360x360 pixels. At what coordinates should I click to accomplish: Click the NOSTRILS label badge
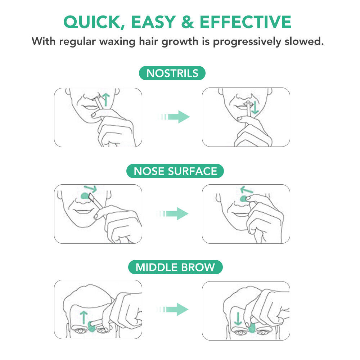click(172, 73)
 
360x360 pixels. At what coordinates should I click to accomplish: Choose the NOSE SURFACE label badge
click(175, 171)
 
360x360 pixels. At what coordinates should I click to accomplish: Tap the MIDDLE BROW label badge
click(175, 267)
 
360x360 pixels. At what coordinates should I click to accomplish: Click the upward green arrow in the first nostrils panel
click(105, 98)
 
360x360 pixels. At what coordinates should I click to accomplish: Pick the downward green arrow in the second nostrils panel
click(255, 107)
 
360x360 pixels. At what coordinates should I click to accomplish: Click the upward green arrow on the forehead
click(84, 317)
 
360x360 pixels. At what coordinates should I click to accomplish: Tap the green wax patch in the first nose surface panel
click(85, 196)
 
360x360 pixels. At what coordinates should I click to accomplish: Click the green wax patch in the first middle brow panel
click(91, 326)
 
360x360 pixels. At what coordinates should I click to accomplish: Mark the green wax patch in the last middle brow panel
click(252, 327)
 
